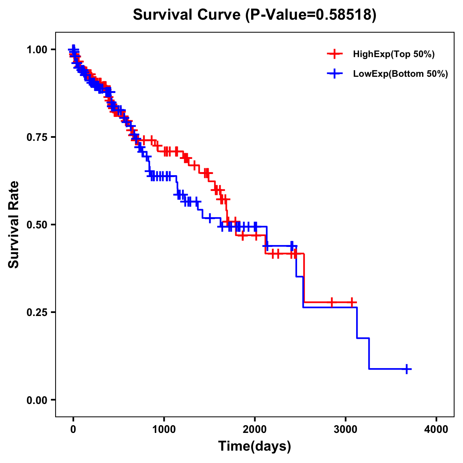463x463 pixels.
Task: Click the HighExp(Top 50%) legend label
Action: point(394,54)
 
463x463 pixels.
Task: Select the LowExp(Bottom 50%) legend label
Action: point(400,74)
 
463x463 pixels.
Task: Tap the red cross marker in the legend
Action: point(335,54)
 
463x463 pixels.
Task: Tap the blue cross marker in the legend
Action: point(335,74)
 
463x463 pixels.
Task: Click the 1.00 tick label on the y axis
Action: point(37,50)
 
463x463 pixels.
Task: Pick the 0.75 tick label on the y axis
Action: point(37,137)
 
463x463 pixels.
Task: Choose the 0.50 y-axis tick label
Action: point(37,225)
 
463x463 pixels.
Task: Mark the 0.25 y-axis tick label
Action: point(37,312)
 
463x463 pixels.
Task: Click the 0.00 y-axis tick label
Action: point(37,400)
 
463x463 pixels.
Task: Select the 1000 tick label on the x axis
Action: point(164,429)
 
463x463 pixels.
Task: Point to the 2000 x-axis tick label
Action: point(255,429)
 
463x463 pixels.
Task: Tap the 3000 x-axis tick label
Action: point(346,429)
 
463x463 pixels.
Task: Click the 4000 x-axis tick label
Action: point(436,429)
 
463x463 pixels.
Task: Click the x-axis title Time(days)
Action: point(255,446)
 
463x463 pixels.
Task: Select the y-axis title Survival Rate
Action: point(14,225)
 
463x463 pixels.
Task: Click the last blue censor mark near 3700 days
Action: point(406,369)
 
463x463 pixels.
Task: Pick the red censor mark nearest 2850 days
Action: point(331,302)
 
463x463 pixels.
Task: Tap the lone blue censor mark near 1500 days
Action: point(210,218)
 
